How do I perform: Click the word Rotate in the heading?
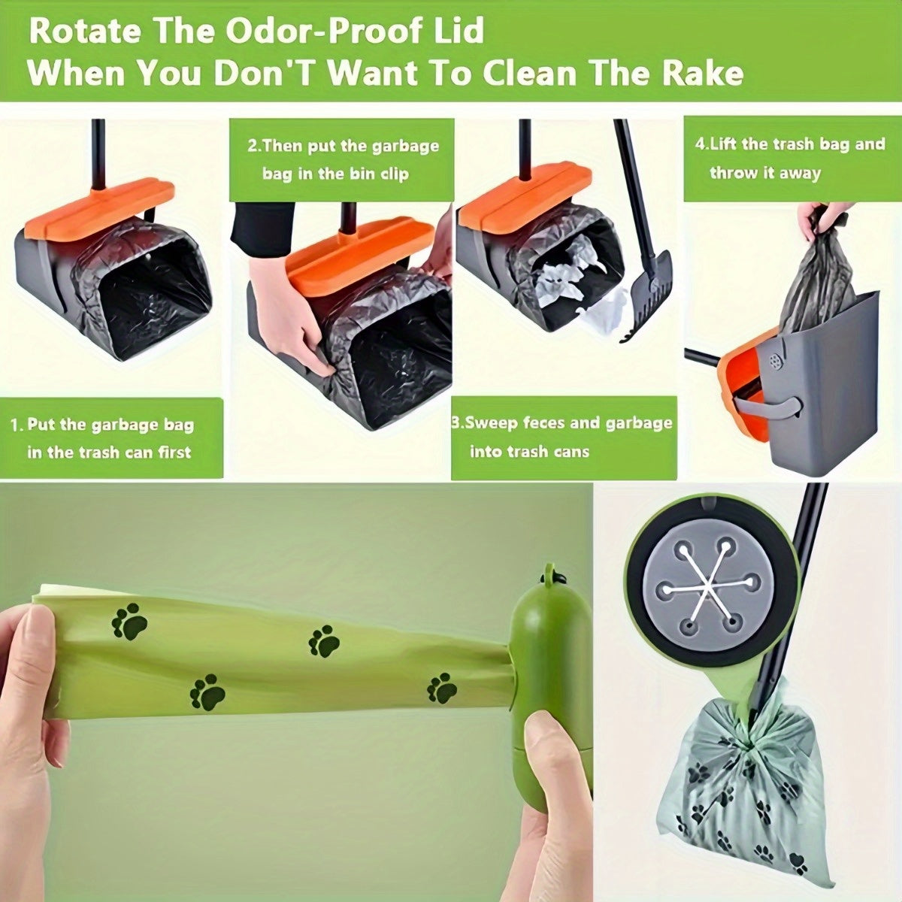pos(84,32)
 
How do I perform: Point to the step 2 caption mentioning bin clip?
pos(343,159)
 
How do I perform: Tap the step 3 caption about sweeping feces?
pos(561,437)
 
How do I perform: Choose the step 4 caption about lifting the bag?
pos(790,158)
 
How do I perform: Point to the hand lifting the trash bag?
pos(822,218)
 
